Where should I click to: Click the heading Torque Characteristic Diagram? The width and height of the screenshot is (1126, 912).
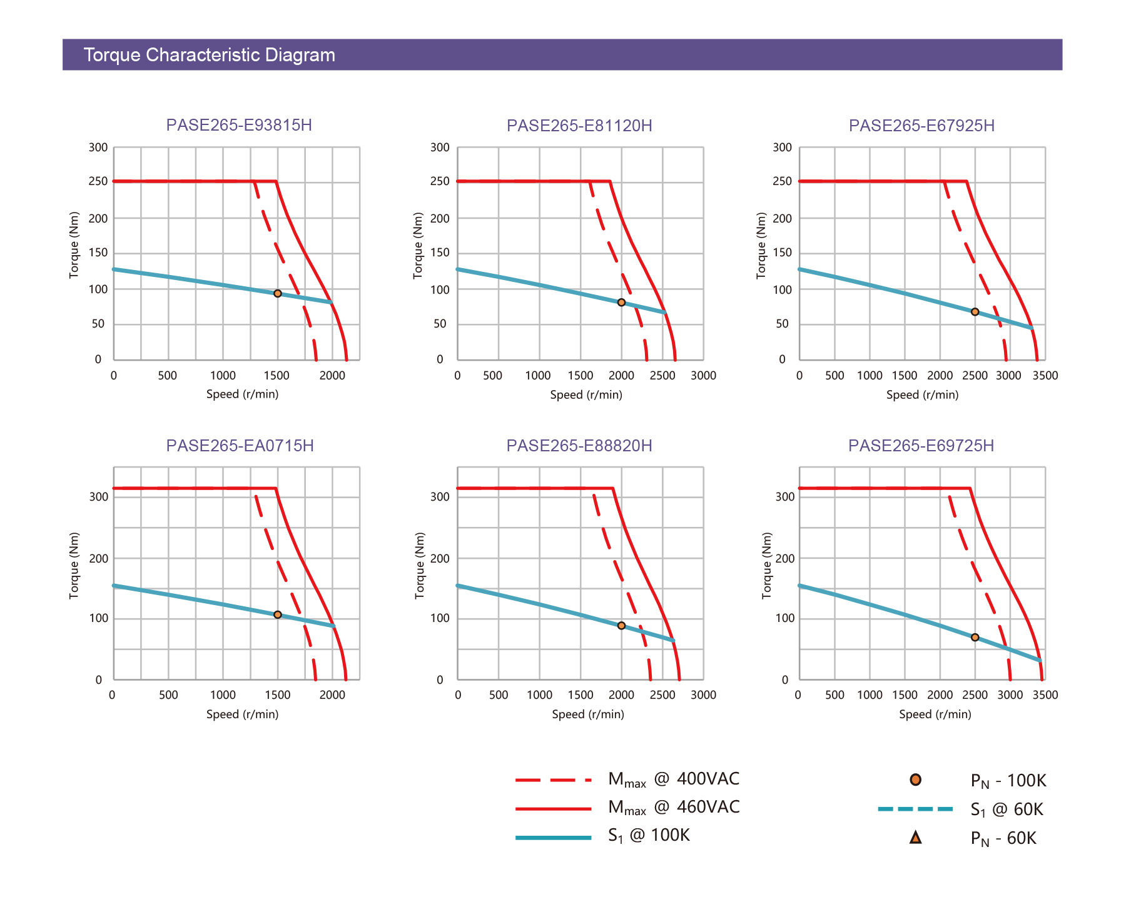point(209,55)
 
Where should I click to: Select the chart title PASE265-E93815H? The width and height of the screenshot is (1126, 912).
point(239,125)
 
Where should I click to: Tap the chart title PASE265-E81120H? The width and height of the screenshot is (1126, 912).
point(579,126)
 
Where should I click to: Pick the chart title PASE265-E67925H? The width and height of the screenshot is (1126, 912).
point(921,126)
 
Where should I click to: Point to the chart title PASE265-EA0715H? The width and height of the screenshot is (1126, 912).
point(240,446)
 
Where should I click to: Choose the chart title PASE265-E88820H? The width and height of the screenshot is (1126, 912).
point(579,446)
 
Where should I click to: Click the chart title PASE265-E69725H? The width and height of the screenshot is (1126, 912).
point(921,446)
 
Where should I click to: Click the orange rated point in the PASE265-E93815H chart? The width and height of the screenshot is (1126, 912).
point(278,293)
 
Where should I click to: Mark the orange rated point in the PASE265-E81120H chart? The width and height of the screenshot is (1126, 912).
point(621,303)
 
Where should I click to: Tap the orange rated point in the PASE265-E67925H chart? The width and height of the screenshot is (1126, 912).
point(975,312)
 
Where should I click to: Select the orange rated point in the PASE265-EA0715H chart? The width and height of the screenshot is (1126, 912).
point(278,614)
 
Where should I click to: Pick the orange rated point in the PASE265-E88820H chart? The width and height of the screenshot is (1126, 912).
point(621,626)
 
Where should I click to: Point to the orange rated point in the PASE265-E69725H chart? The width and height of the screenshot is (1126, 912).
point(975,638)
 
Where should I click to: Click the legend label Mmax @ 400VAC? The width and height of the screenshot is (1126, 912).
point(674,779)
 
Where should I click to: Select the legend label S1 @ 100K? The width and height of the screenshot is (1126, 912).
point(649,836)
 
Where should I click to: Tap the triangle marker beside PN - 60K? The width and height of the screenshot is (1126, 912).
point(915,838)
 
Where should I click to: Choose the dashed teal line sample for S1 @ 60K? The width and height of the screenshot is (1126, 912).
point(915,809)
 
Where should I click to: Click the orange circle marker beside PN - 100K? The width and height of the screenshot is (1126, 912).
point(915,779)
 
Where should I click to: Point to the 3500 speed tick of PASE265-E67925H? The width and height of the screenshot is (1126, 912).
point(1045,376)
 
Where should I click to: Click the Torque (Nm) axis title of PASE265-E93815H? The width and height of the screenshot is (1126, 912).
point(74,245)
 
